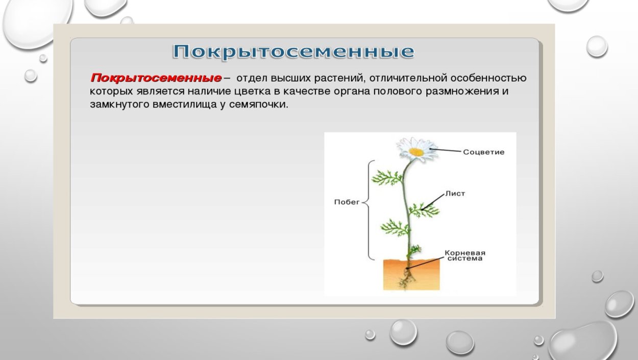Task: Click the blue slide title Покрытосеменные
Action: point(293,52)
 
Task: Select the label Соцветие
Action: point(483,152)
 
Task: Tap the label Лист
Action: point(455,194)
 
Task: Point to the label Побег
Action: point(347,202)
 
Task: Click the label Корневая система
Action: point(464,255)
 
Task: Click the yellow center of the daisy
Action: point(416,152)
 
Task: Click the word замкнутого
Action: point(119,105)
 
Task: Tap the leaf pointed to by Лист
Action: point(422,209)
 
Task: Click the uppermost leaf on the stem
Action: point(387,178)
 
